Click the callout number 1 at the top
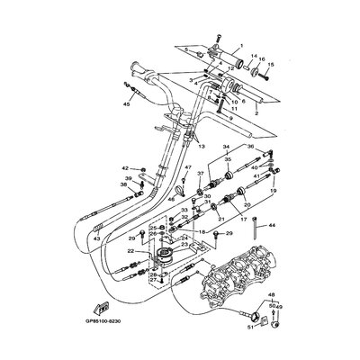[x=239, y=46]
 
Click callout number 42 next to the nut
[x=126, y=167]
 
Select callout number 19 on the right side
[x=272, y=193]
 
